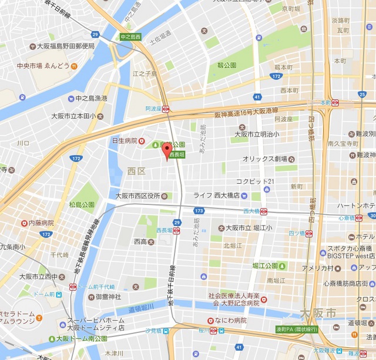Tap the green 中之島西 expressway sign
[x=131, y=37]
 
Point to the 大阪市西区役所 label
[x=140, y=196]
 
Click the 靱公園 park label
[x=227, y=65]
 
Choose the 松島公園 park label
[x=82, y=205]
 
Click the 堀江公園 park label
[x=264, y=265]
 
